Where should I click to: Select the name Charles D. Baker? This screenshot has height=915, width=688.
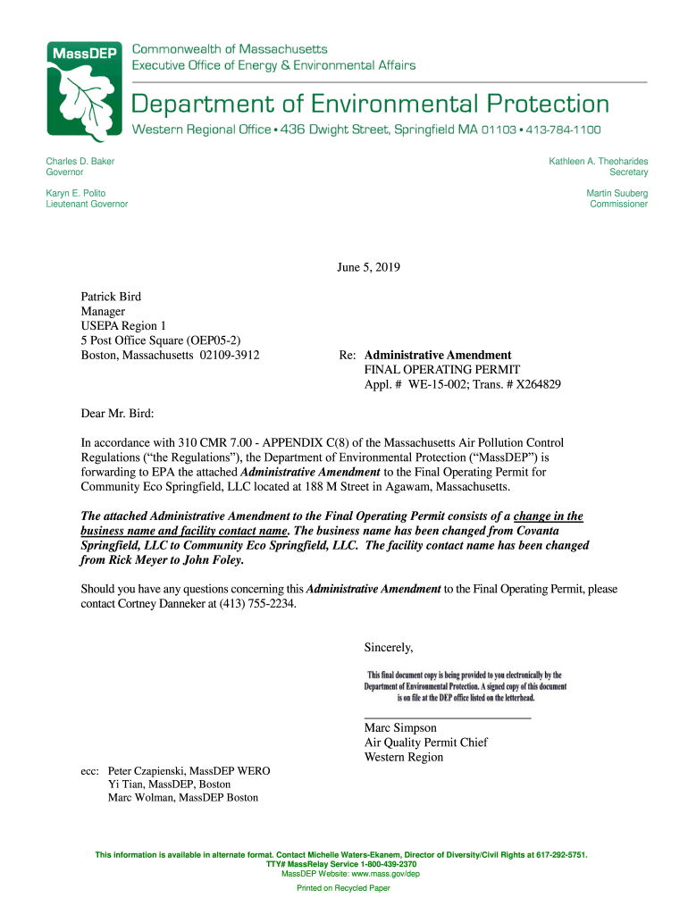click(x=80, y=161)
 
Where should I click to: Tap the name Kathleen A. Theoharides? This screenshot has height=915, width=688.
click(x=599, y=161)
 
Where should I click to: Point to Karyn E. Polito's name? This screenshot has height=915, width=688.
click(x=76, y=193)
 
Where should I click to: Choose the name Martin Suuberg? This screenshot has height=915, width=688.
click(x=617, y=193)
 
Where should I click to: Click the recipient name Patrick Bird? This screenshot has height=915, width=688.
click(x=111, y=297)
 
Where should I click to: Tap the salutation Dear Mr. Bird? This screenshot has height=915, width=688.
click(x=117, y=414)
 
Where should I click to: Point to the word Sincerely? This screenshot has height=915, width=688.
click(x=389, y=647)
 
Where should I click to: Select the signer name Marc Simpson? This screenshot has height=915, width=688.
click(x=400, y=728)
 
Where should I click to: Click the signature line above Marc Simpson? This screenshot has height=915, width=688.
click(x=448, y=718)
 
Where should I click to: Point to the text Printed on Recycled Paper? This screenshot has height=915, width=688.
click(x=343, y=888)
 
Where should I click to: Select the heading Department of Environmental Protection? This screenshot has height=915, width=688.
click(x=371, y=104)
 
